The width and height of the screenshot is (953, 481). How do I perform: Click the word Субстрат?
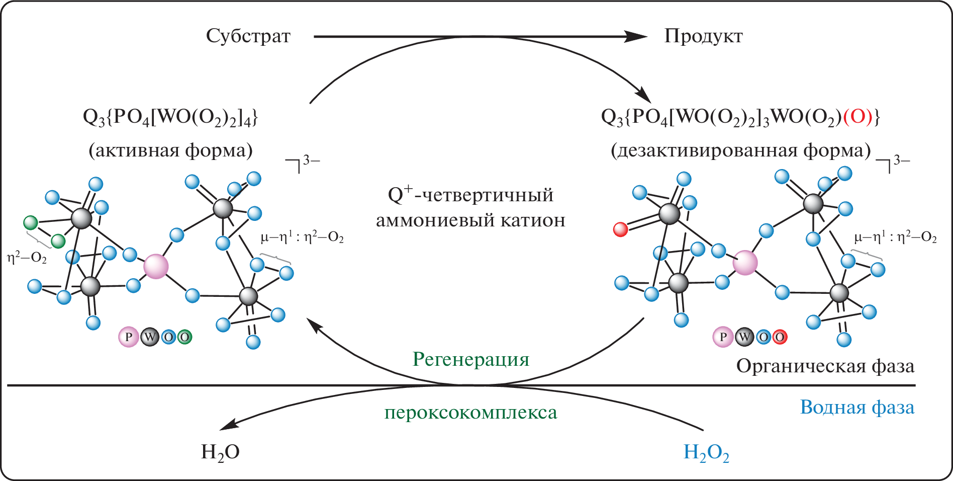(248, 36)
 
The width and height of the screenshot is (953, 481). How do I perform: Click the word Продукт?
(703, 36)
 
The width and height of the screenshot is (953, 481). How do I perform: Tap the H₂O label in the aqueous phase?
(220, 452)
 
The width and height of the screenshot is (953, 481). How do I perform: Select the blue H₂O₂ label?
(706, 453)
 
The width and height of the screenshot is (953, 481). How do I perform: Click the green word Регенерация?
(471, 360)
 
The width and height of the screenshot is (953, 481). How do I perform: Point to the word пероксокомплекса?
(471, 413)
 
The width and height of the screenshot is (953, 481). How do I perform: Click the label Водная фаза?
(857, 407)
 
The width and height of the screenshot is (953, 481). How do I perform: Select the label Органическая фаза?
(825, 366)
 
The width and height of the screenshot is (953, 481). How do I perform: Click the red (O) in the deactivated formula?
(857, 117)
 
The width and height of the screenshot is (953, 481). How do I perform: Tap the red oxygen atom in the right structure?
(621, 229)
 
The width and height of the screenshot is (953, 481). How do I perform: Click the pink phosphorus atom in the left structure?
(156, 266)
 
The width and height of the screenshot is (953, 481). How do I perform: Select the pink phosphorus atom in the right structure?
(745, 263)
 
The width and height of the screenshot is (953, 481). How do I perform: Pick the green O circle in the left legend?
(184, 337)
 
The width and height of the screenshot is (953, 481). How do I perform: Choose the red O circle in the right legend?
(780, 337)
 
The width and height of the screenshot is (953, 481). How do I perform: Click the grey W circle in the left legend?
(150, 337)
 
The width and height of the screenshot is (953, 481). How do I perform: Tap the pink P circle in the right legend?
(723, 337)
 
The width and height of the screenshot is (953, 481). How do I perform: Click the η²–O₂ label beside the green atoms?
(27, 258)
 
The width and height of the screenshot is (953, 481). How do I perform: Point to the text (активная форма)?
(170, 150)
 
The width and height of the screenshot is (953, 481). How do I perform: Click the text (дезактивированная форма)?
(740, 150)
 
